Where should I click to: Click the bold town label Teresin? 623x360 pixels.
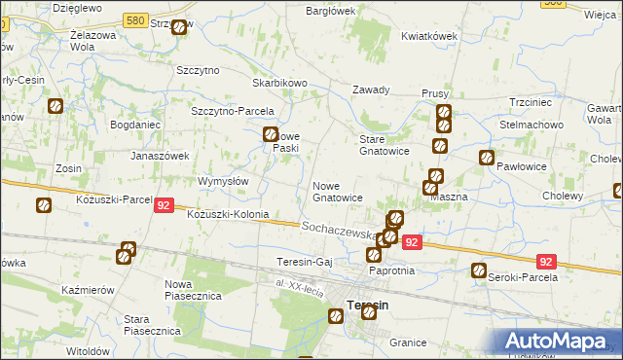[x=368, y=305]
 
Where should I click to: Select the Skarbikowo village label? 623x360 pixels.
[x=280, y=84]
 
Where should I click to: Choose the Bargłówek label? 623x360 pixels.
[x=331, y=11]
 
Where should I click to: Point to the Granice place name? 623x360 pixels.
[x=408, y=342]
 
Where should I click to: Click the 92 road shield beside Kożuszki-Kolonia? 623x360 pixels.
[x=164, y=206]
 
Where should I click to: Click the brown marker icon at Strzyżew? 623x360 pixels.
[x=179, y=27]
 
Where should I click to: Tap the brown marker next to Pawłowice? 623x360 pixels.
[x=486, y=158]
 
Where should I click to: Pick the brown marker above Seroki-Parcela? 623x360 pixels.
[x=478, y=270]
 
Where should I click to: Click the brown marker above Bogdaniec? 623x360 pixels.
[x=55, y=106]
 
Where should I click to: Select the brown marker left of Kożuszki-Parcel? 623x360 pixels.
[x=44, y=205]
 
